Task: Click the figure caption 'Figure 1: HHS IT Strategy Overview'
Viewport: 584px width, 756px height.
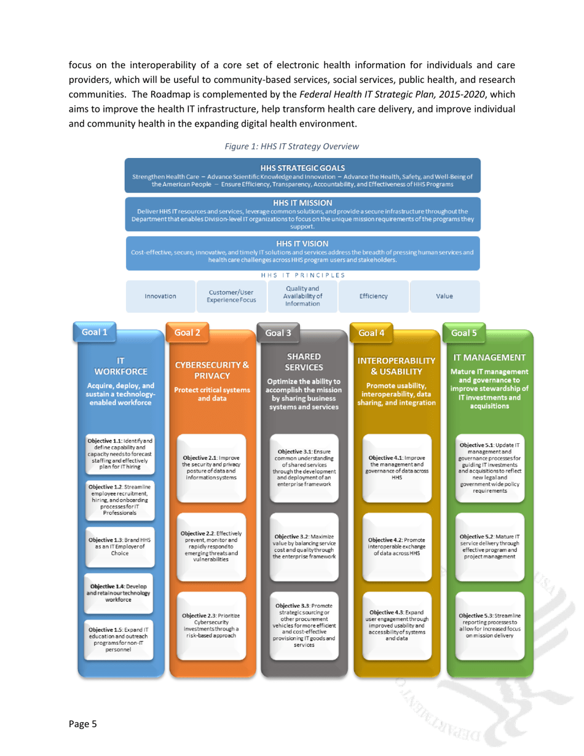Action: click(292, 146)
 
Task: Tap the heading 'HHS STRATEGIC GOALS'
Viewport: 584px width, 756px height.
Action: click(302, 167)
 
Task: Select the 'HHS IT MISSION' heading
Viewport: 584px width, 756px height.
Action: click(302, 203)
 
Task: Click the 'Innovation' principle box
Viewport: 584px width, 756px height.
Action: click(160, 296)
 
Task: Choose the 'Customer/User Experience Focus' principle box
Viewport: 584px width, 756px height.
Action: click(231, 296)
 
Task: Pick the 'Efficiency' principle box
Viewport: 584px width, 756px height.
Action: click(373, 296)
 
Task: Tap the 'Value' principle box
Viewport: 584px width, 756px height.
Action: click(444, 296)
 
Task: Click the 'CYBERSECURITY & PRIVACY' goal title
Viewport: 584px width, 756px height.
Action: click(213, 370)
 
